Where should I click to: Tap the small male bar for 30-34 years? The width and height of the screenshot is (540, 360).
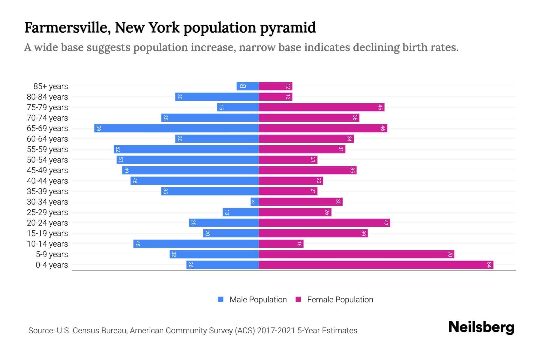(254, 202)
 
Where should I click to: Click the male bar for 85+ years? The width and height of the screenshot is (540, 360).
(248, 86)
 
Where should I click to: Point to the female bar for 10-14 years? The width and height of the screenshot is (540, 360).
(281, 244)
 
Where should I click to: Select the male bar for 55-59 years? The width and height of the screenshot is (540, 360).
(186, 149)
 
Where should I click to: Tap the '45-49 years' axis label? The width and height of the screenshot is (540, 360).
(47, 170)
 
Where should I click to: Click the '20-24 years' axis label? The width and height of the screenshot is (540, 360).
(47, 223)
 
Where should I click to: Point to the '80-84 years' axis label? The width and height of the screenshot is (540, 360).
(47, 97)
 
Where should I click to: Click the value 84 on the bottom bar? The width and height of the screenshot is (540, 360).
(489, 265)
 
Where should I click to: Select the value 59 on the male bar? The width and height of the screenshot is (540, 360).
(99, 128)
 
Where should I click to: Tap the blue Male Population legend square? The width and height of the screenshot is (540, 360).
(221, 299)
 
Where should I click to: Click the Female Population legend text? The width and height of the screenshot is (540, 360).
(340, 300)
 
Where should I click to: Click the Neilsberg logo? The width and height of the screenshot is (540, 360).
(481, 327)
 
